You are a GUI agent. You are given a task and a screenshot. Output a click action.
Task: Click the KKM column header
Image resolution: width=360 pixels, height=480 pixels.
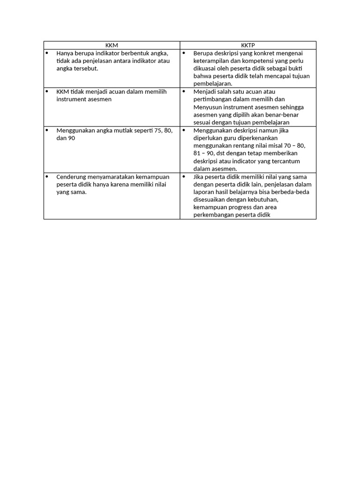click(112, 45)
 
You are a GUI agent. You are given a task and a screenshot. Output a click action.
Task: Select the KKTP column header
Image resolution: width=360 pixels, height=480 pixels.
click(248, 45)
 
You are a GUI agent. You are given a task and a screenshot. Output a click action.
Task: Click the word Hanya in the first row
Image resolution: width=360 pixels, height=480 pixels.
click(66, 53)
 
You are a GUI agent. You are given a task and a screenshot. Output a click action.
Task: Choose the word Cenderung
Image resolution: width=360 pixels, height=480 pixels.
click(70, 177)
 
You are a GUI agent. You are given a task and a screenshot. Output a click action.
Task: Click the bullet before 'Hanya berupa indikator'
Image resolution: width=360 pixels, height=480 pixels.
click(47, 53)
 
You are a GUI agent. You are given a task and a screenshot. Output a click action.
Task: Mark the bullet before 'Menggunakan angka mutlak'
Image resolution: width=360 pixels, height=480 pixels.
click(47, 130)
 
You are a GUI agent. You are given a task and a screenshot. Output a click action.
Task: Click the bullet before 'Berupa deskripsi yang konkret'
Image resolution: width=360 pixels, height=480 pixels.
click(184, 53)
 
